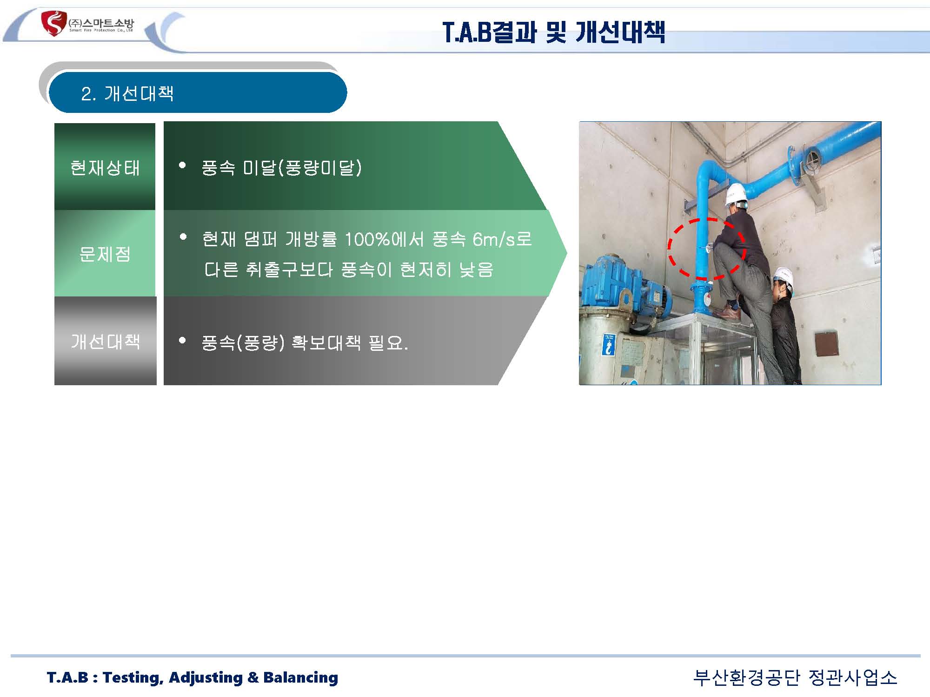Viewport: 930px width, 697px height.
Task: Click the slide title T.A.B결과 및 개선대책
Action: [x=554, y=32]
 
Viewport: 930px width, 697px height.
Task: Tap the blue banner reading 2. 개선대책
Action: [x=198, y=92]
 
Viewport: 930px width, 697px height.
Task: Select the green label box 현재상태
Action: [x=105, y=166]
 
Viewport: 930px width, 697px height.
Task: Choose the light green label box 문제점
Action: [x=105, y=253]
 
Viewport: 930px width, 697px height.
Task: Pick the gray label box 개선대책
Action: [x=106, y=341]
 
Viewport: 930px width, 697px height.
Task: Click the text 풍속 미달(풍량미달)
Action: [x=282, y=167]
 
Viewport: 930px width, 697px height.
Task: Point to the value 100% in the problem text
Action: [x=367, y=239]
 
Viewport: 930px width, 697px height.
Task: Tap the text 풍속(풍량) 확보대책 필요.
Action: [x=305, y=343]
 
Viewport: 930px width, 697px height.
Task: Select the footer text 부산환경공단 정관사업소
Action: [x=795, y=677]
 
